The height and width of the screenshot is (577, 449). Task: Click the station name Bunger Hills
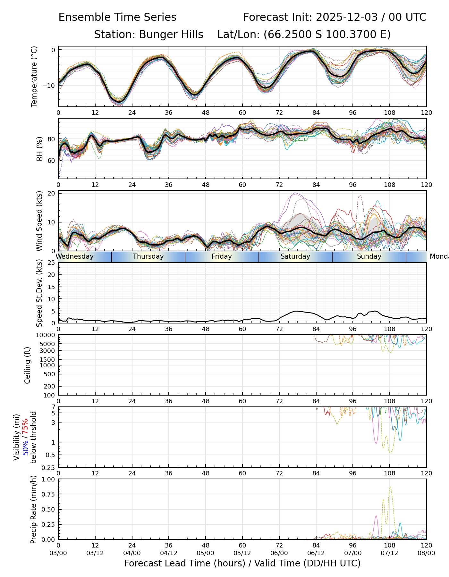tap(171, 35)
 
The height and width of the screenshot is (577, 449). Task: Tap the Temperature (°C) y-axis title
tap(34, 76)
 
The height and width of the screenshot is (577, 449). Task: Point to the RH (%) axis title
tap(39, 149)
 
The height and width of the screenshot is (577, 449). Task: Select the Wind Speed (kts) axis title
tap(39, 221)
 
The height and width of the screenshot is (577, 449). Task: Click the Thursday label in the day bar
tap(148, 256)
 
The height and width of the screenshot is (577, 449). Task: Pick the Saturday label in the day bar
tap(295, 256)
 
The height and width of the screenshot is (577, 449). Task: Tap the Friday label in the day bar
tap(222, 256)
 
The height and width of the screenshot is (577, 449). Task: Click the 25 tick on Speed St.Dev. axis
tap(51, 263)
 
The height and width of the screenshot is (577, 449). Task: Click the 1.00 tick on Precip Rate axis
tap(48, 479)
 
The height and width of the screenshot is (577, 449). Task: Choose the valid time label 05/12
tap(242, 553)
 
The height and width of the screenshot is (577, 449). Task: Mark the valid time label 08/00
tap(426, 553)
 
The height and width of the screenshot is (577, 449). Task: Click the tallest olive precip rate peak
tap(390, 487)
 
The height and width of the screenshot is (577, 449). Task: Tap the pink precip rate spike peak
tap(376, 516)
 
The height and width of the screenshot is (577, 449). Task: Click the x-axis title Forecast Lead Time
tap(242, 563)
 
